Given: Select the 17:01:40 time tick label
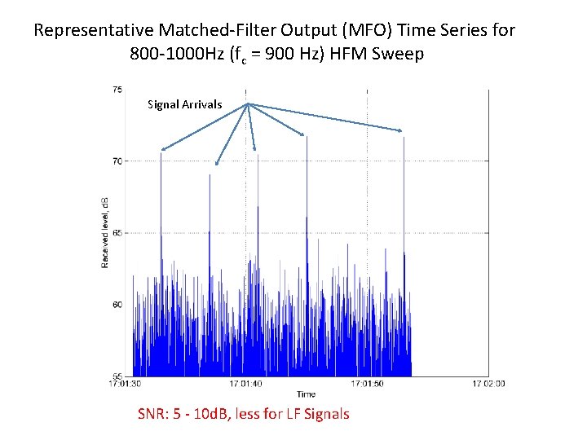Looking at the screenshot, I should pyautogui.click(x=245, y=384).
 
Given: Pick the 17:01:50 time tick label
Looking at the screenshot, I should pyautogui.click(x=367, y=384).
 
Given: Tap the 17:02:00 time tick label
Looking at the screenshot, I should pyautogui.click(x=488, y=384).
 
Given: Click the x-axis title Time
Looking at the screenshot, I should pyautogui.click(x=306, y=394).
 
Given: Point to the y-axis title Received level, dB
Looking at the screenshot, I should pyautogui.click(x=105, y=232).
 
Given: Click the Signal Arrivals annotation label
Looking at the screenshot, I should pyautogui.click(x=184, y=104).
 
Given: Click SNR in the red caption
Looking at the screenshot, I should pyautogui.click(x=155, y=414).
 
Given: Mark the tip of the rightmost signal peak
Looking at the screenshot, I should pyautogui.click(x=404, y=138).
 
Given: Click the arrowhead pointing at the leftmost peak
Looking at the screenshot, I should pyautogui.click(x=163, y=149).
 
